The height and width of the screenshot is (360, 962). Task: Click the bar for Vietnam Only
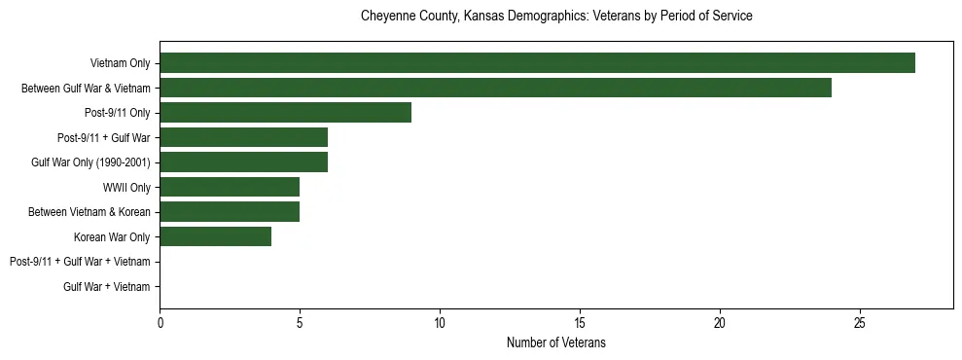coord(537,63)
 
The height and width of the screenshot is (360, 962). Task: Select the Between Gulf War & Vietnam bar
coord(495,88)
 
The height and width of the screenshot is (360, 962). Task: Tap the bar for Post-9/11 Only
coord(285,113)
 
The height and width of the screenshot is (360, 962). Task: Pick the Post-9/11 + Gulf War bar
coord(243,137)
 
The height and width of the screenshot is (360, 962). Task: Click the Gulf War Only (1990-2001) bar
coord(243,162)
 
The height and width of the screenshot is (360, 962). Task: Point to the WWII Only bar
coord(230,187)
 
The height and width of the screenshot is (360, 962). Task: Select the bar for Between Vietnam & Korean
coord(230,211)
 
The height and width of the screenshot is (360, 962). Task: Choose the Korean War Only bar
coord(215,236)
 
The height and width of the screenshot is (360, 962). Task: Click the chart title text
coord(556,17)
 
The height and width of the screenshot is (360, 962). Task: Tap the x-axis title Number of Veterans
coord(556,342)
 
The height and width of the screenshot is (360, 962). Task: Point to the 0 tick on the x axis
coord(160,322)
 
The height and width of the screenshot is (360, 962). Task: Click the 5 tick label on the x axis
coord(300,322)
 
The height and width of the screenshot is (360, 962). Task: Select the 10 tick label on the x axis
coord(440,322)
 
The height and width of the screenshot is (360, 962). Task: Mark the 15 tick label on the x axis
coord(580,322)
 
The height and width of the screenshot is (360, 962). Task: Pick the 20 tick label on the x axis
coord(720,322)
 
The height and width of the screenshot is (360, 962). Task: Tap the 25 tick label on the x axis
coord(860,322)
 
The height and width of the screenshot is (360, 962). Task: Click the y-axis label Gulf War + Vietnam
coord(107,286)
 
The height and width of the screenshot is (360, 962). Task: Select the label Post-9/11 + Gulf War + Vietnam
coord(80,262)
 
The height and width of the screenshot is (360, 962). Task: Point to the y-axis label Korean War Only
coord(112,236)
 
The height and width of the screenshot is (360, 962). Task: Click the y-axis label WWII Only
coord(126,187)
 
